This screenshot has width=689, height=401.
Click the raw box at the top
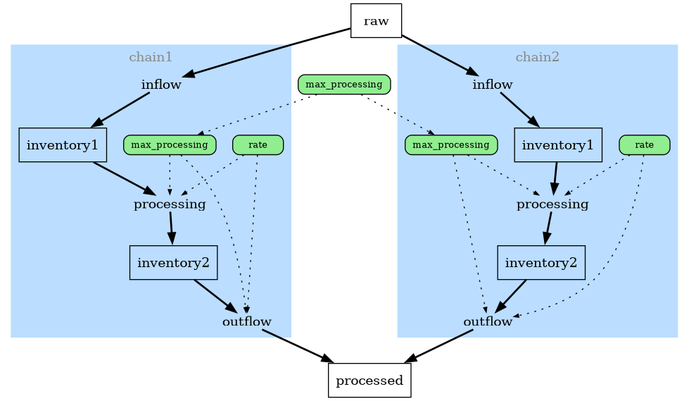coord(376,20)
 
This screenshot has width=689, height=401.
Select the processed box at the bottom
coord(369,381)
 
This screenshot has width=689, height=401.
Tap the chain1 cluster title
coord(151,57)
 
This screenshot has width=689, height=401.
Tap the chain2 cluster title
coord(537,57)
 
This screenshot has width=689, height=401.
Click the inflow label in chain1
coord(161,85)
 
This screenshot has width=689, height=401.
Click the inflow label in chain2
coord(492,85)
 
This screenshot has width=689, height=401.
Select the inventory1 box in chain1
coord(63,145)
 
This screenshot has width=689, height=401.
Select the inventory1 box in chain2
coord(557,145)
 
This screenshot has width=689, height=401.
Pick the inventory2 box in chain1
coord(173,263)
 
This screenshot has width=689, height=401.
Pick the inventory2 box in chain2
coord(541,263)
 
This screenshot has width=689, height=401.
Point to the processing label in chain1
coord(170,204)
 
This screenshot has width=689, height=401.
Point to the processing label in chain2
coord(552,204)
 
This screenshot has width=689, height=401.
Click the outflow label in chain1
coord(246,322)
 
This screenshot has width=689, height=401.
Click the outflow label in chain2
coord(487,322)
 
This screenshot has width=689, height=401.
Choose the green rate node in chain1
coord(258,145)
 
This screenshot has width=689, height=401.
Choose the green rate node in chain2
coord(644,145)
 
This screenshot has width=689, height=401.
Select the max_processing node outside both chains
coord(343,85)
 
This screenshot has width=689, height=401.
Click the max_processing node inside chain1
coord(169,145)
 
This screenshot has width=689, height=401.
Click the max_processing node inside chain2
coord(450,145)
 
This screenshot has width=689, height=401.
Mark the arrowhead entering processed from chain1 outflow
coord(328,361)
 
